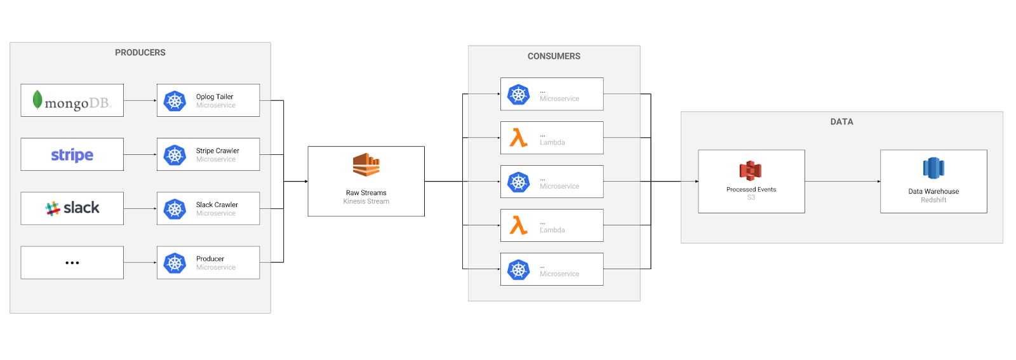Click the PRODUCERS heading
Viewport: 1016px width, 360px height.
tap(140, 53)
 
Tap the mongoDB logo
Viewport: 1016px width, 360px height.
tap(72, 101)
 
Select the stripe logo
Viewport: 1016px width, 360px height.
tap(72, 155)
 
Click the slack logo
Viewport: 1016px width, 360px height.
tap(72, 208)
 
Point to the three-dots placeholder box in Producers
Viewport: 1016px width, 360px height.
tap(72, 262)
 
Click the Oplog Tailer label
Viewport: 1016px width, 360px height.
tap(215, 97)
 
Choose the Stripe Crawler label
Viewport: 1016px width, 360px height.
tap(217, 150)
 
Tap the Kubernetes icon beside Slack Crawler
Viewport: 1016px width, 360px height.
tap(175, 209)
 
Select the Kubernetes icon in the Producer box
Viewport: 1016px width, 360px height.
tap(175, 263)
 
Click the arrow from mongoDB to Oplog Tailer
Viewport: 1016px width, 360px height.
tap(140, 100)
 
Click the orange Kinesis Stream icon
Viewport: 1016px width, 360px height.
tap(366, 165)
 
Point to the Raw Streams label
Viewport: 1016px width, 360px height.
tap(366, 192)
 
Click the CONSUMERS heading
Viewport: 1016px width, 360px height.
tap(554, 57)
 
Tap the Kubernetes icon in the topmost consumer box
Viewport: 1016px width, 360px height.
tap(519, 95)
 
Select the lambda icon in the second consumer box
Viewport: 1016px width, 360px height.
tap(519, 138)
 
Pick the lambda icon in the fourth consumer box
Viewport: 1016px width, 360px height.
tap(519, 225)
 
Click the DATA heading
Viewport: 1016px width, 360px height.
tap(841, 122)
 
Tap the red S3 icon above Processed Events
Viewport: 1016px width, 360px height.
tap(751, 170)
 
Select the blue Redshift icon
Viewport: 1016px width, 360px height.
tap(933, 169)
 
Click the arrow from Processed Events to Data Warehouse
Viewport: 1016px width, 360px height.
tap(842, 182)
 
